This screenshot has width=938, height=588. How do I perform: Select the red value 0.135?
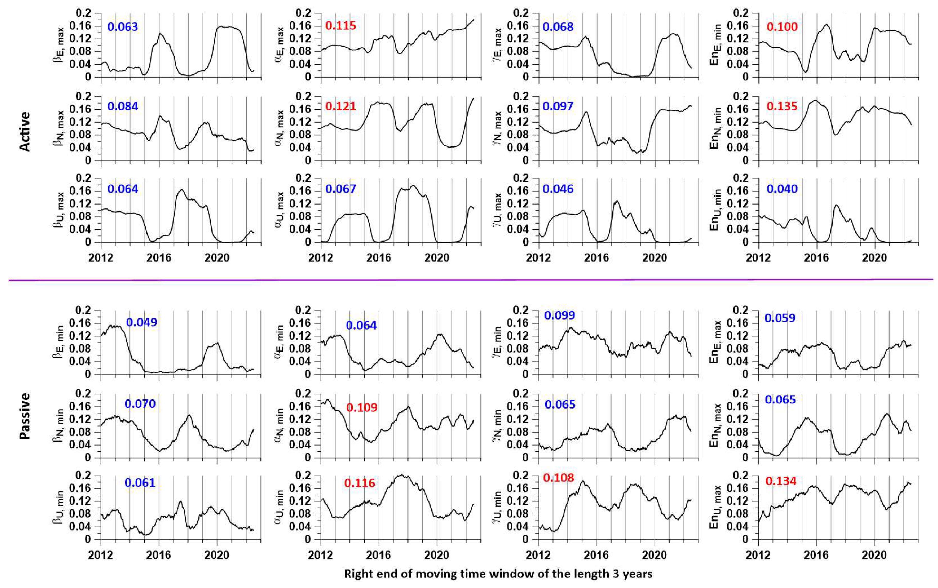pyautogui.click(x=782, y=106)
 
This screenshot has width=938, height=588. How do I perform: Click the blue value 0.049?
pyautogui.click(x=142, y=322)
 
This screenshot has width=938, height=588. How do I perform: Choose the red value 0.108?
pyautogui.click(x=558, y=478)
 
